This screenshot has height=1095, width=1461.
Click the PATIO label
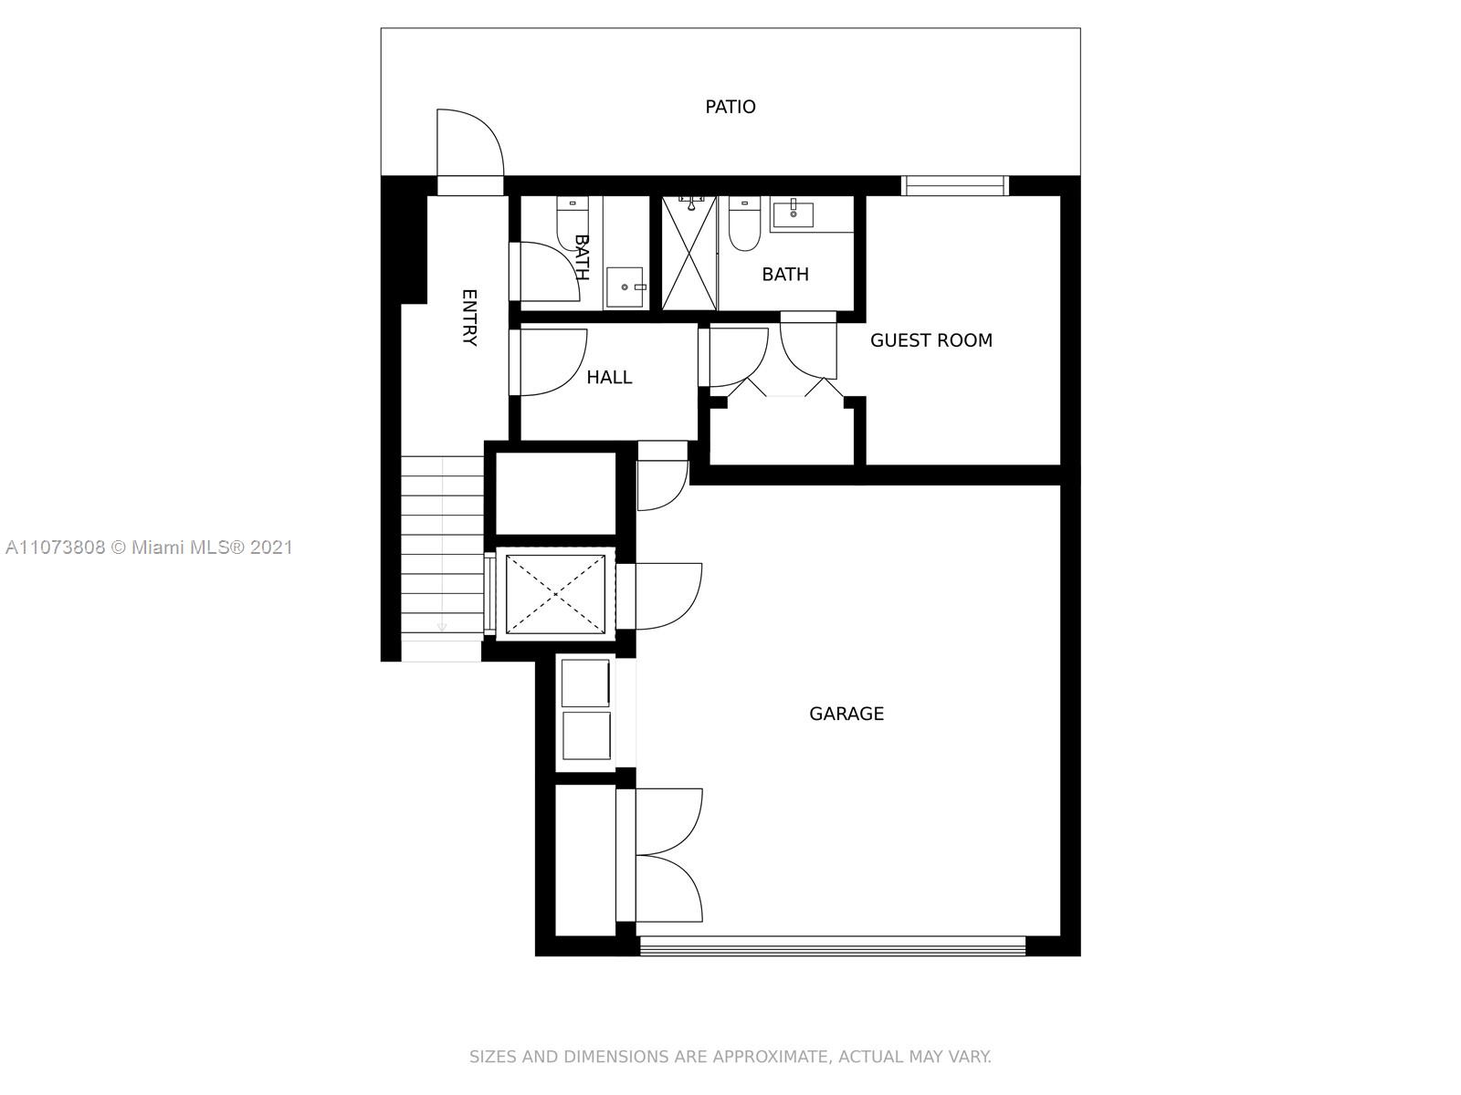pyautogui.click(x=730, y=107)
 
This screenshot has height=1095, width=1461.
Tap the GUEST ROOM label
pyautogui.click(x=931, y=340)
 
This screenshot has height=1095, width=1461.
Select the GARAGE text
pyautogui.click(x=846, y=714)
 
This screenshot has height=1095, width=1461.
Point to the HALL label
pyautogui.click(x=609, y=378)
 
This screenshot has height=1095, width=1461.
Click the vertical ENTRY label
pyautogui.click(x=469, y=318)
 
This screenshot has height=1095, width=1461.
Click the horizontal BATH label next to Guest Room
pyautogui.click(x=785, y=274)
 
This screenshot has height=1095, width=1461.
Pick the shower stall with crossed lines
pyautogui.click(x=689, y=254)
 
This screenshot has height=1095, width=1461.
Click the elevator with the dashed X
pyautogui.click(x=555, y=594)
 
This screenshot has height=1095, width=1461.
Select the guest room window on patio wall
pyautogui.click(x=955, y=185)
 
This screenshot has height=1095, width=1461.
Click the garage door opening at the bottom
pyautogui.click(x=832, y=946)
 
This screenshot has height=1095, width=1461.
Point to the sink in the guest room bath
pyautogui.click(x=792, y=214)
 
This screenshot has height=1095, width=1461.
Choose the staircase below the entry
pyautogui.click(x=442, y=558)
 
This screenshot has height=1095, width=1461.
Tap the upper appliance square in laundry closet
pyautogui.click(x=585, y=683)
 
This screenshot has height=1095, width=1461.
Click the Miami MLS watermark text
pyautogui.click(x=149, y=547)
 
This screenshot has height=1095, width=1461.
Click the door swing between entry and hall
pyautogui.click(x=549, y=362)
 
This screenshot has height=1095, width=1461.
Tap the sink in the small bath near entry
pyautogui.click(x=625, y=287)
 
